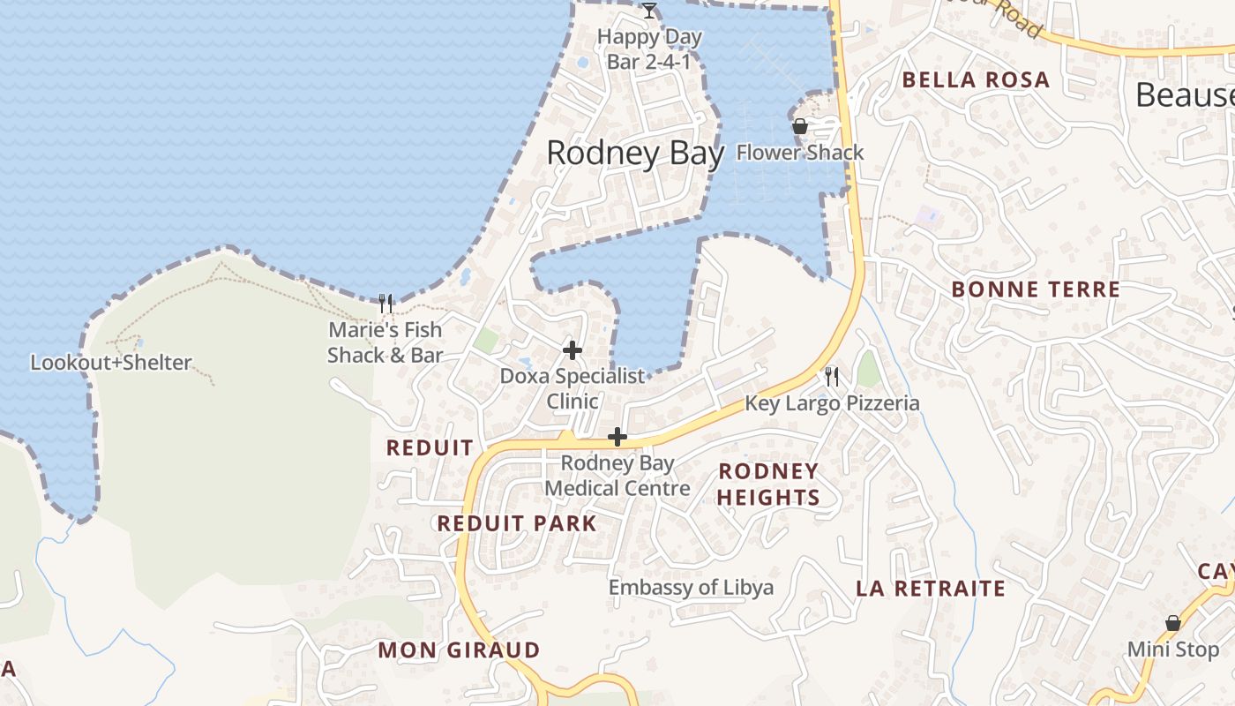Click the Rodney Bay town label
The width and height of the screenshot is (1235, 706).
click(635, 154)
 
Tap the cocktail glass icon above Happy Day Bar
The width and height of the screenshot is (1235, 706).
click(649, 11)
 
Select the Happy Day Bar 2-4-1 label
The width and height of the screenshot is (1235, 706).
click(649, 49)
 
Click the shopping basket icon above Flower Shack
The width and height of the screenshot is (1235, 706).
click(800, 126)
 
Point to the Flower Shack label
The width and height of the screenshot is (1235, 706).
click(800, 153)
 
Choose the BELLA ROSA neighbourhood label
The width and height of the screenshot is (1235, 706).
click(976, 80)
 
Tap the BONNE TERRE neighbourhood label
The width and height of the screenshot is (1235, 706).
click(1036, 289)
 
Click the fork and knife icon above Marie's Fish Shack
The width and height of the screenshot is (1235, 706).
click(385, 304)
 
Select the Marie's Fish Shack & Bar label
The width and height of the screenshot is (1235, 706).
click(385, 342)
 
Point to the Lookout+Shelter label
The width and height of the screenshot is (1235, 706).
click(111, 363)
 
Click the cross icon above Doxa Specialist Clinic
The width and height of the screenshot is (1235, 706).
click(573, 350)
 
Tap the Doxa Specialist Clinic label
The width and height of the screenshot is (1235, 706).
click(573, 388)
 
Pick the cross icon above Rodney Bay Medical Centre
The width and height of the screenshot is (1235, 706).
click(617, 437)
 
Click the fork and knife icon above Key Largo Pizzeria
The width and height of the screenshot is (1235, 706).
click(832, 377)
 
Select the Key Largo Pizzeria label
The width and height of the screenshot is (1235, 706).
click(832, 404)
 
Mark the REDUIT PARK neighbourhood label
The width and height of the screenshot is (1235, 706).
click(517, 523)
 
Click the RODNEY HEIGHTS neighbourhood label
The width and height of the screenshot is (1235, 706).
click(768, 484)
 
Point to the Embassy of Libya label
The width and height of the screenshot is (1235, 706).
click(691, 588)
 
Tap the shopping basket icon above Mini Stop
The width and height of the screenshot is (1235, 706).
click(1173, 623)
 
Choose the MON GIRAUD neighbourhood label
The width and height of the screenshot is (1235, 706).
click(459, 650)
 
